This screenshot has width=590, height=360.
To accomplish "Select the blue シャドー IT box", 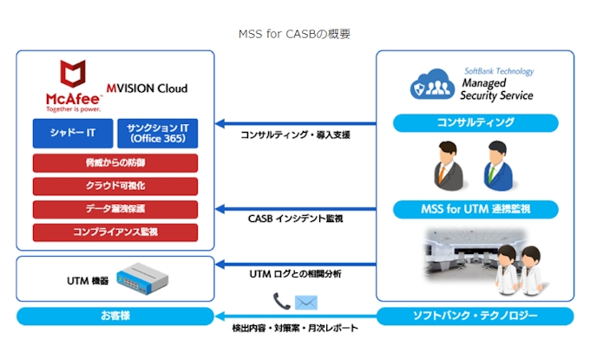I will click(72, 134).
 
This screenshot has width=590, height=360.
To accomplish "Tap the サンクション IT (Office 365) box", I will click(157, 134).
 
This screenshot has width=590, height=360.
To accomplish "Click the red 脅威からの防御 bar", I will click(115, 163).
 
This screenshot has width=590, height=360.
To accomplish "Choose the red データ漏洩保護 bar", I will click(115, 209).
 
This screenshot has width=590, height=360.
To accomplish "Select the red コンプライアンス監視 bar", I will click(115, 232).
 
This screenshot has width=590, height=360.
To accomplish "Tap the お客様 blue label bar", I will click(115, 316).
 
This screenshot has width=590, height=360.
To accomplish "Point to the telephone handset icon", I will click(280, 302).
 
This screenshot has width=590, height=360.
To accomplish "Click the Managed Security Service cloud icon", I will click(434, 85).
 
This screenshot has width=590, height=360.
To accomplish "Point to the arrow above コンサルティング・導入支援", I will click(295, 122).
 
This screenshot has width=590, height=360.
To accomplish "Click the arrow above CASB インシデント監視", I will click(295, 209).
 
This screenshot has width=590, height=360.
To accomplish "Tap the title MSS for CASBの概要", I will click(295, 34).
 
